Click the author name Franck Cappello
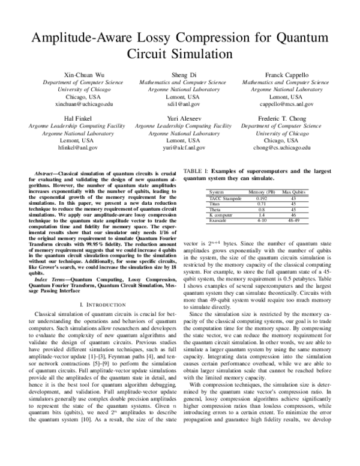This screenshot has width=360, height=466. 284,74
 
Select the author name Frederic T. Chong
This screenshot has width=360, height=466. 284,119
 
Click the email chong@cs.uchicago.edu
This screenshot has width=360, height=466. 284,147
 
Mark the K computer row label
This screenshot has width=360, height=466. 220,214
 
